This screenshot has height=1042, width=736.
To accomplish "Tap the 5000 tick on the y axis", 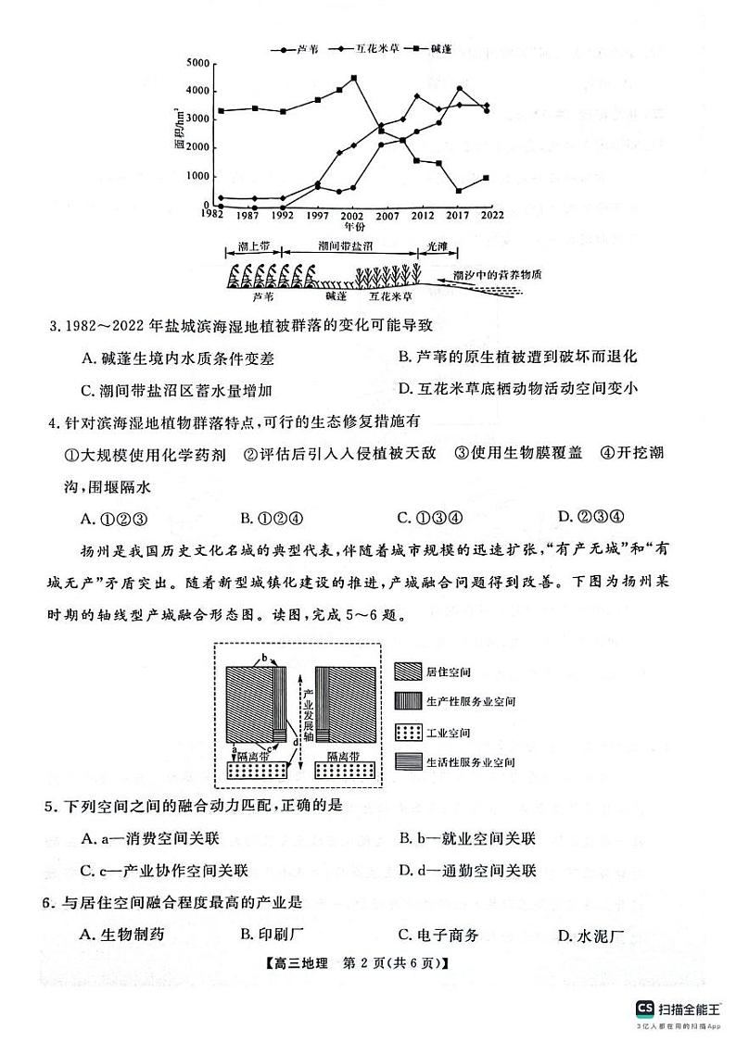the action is [197, 62].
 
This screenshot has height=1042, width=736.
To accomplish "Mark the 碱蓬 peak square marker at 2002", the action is [354, 79].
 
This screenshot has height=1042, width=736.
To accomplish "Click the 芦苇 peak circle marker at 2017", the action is [460, 89].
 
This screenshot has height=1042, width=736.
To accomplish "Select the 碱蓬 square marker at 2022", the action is [487, 178].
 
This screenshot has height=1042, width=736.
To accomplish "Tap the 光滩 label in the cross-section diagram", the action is [437, 247].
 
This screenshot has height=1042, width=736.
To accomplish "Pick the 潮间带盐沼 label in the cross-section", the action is [346, 247].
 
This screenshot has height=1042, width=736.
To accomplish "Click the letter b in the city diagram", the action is [265, 658].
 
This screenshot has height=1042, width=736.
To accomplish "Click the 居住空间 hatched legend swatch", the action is [408, 670].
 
